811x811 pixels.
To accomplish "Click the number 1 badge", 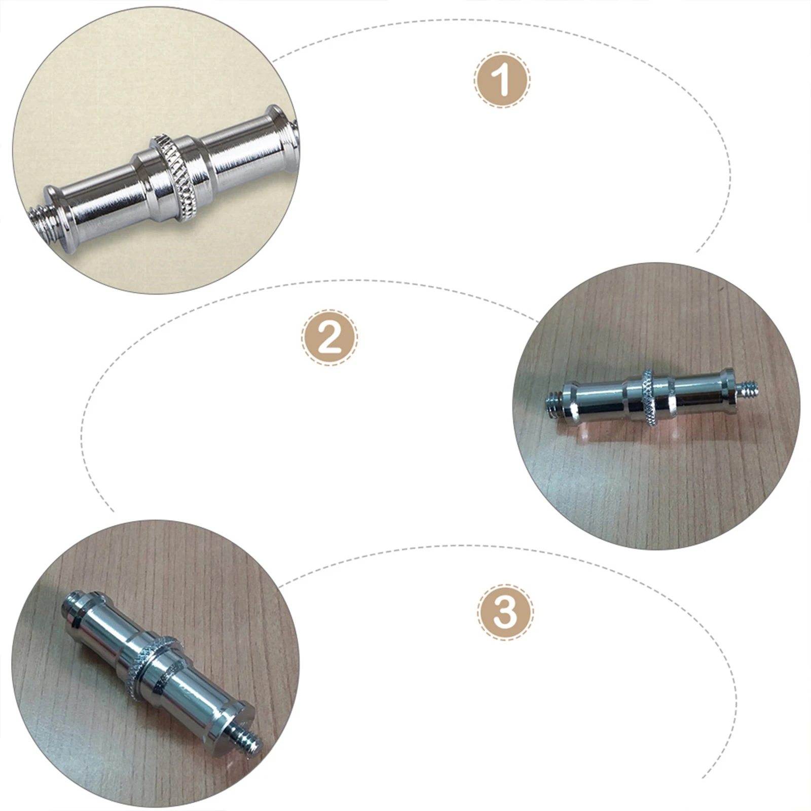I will [x=502, y=80].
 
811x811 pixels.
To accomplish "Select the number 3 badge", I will [x=505, y=612].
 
